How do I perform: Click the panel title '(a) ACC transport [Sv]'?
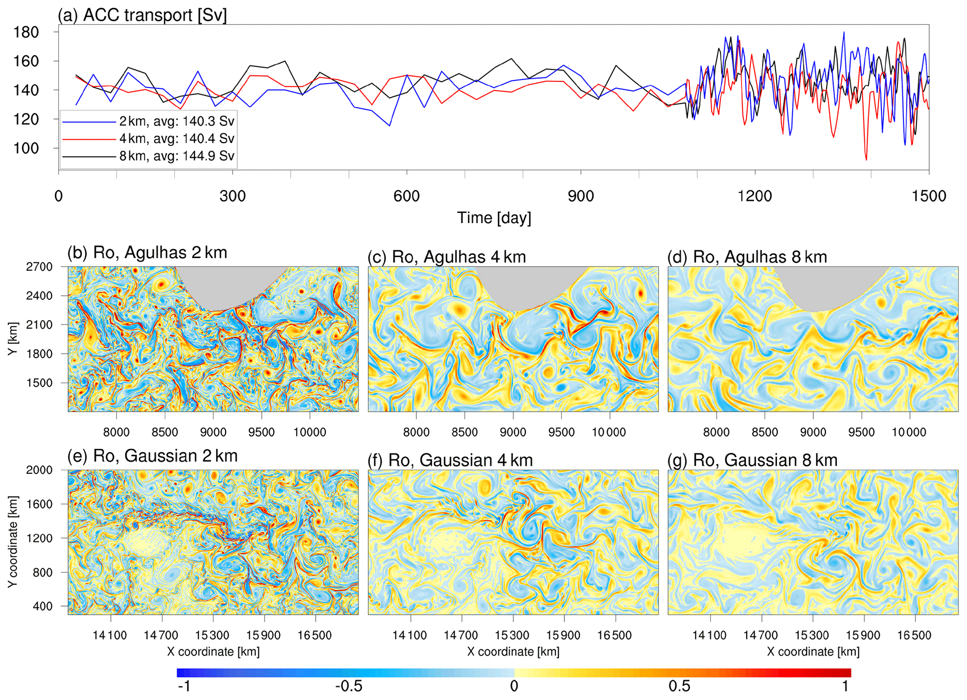click(142, 15)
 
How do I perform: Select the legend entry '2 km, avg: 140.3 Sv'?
click(176, 121)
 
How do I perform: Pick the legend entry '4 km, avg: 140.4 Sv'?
click(176, 138)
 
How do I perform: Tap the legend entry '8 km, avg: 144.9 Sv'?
click(176, 156)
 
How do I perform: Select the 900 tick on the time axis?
click(581, 195)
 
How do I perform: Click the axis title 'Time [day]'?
click(494, 218)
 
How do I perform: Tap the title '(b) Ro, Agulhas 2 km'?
click(147, 253)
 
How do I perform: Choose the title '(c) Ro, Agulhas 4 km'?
click(447, 257)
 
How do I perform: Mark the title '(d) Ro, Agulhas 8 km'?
click(747, 257)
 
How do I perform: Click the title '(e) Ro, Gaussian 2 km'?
click(153, 456)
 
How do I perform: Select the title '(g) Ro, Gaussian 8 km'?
click(752, 460)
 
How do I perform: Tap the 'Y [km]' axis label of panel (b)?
click(13, 339)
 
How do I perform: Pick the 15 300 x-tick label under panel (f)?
click(512, 635)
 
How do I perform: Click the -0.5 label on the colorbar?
click(348, 686)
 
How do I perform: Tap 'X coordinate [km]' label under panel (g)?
click(813, 651)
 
